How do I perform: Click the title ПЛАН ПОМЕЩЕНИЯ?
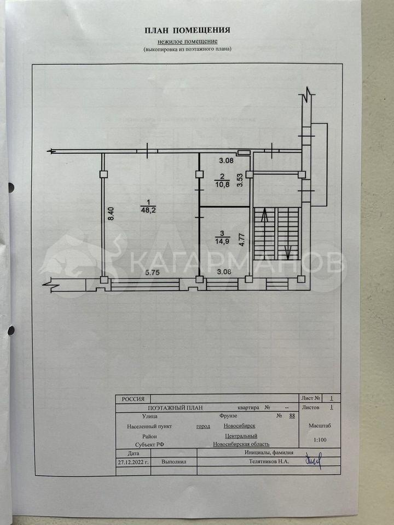[187, 31]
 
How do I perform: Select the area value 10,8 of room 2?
[222, 184]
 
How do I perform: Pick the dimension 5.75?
[153, 273]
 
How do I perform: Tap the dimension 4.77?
[243, 240]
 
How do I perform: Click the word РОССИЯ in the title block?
[133, 399]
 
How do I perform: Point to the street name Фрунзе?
[228, 416]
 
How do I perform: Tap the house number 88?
[292, 416]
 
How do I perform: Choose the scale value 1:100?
[320, 440]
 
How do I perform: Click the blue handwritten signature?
[313, 460]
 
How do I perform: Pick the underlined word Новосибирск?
[239, 426]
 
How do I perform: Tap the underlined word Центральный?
[241, 436]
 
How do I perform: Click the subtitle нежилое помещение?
[188, 42]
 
